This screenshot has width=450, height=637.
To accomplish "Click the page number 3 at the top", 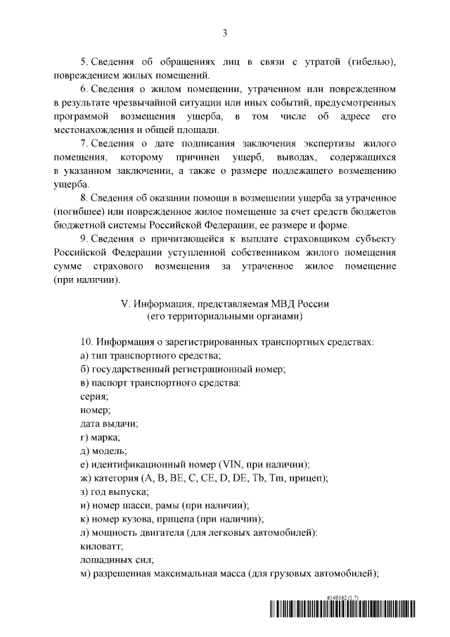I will coord(224,32).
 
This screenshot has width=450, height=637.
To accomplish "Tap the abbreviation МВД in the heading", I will coord(271,304).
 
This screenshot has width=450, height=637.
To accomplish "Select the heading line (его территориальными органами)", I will coord(224,317).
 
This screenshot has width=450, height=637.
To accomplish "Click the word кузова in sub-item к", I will coord(140,518).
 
